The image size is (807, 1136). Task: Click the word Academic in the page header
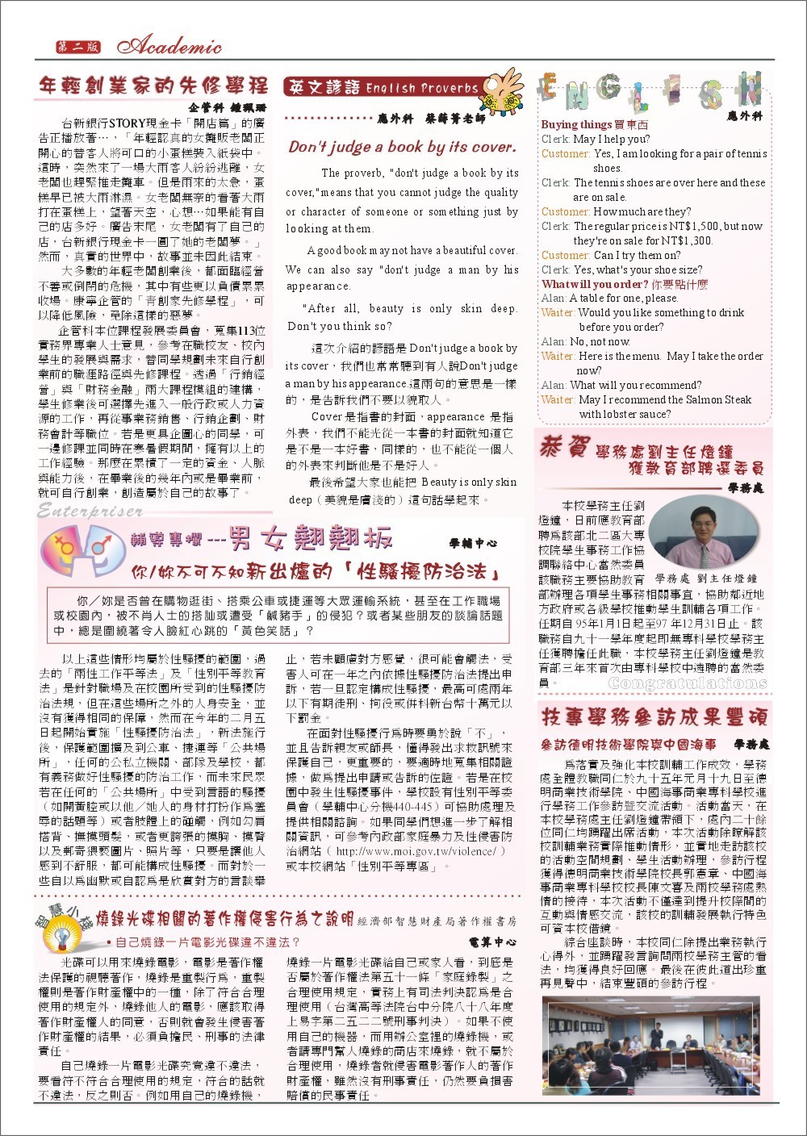(174, 48)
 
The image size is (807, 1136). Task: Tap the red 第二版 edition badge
(77, 47)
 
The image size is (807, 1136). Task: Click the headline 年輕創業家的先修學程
(153, 86)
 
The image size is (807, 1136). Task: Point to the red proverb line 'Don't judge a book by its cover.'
(402, 148)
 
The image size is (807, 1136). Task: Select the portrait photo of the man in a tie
(696, 532)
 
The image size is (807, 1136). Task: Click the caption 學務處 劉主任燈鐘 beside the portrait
(706, 578)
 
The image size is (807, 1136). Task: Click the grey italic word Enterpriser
(90, 511)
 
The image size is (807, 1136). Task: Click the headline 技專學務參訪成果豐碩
(654, 717)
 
